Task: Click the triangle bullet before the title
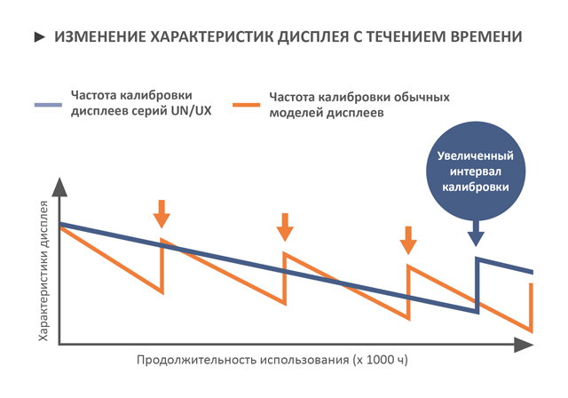coord(38,38)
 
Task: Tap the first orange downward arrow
coord(161,214)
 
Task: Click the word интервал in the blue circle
coord(476,172)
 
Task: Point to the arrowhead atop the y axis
coord(59,187)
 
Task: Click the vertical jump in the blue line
coord(477,284)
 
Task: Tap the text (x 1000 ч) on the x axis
coord(371,361)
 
